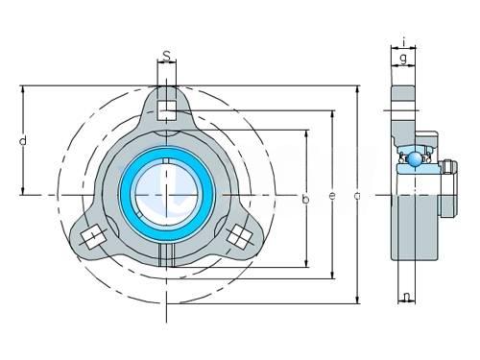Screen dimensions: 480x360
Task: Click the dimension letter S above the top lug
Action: coord(167,56)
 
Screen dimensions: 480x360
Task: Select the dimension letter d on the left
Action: coord(23,140)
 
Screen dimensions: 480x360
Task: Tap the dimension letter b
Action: coord(306,199)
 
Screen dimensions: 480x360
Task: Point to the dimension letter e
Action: coord(332,196)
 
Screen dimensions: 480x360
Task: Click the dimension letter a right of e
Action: coord(357,195)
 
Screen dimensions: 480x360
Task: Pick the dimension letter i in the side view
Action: coord(404,41)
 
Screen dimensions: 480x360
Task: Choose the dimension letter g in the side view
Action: coord(403,60)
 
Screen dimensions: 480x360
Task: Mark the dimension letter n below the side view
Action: coord(407,297)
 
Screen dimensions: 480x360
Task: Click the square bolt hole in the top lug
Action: coord(167,110)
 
